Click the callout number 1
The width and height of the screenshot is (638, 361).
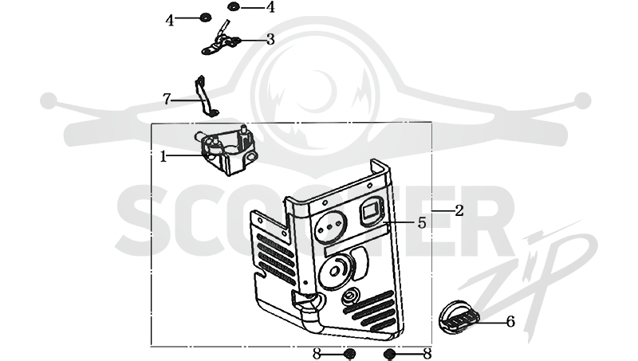[163, 156]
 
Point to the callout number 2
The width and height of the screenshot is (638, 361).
[459, 210]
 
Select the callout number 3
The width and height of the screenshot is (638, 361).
[270, 39]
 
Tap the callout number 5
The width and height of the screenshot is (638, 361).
[422, 223]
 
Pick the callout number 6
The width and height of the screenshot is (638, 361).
[510, 322]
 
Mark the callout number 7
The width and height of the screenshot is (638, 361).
[167, 99]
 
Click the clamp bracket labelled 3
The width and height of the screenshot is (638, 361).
[221, 40]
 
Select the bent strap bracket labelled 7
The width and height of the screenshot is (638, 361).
[206, 96]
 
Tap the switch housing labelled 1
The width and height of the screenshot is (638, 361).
[225, 149]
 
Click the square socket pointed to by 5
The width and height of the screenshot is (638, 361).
[371, 210]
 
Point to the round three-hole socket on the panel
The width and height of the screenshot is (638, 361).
[331, 228]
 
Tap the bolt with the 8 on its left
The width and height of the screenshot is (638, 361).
[349, 354]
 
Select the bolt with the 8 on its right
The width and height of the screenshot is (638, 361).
[389, 354]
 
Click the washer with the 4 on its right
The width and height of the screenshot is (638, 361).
[234, 6]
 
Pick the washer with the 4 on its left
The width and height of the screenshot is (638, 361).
[206, 18]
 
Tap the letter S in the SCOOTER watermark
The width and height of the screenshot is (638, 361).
[144, 220]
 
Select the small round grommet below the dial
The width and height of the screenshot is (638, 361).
[349, 296]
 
